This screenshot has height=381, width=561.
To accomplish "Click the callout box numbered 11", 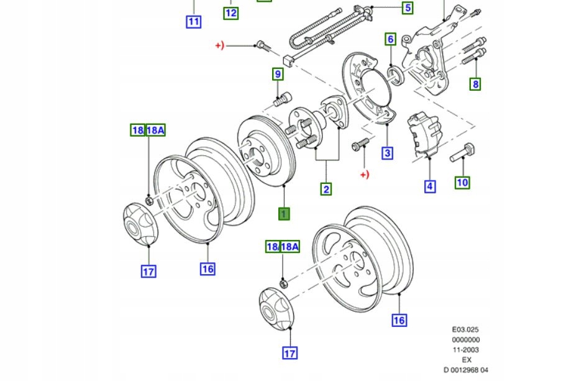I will tap(194, 22).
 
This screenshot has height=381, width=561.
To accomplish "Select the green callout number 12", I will tap(231, 12).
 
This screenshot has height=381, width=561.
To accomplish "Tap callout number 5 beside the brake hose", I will tap(408, 8).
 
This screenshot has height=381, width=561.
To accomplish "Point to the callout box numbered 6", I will tap(390, 40).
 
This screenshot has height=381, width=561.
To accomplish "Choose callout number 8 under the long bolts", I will tap(475, 84).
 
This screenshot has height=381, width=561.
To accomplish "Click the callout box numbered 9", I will tap(277, 75).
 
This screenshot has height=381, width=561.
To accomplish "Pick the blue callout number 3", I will tap(388, 153).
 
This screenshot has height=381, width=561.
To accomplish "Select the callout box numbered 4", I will tap(430, 185).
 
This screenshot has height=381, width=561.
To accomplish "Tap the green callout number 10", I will tap(463, 182).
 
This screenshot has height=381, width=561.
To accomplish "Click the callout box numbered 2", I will tap(326, 189).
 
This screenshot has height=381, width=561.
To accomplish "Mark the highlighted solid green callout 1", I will tap(284, 214).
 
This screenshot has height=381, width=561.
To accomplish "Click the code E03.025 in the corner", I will tap(465, 330).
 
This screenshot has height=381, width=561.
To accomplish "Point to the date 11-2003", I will tap(465, 350).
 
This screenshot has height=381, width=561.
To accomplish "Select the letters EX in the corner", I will tap(466, 360).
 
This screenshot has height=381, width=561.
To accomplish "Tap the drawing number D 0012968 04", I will tap(466, 370).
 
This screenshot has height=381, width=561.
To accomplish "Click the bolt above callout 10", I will tap(465, 152).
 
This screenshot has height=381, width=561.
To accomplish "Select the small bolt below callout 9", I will tap(282, 98).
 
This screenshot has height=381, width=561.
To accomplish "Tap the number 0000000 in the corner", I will tap(465, 340).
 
